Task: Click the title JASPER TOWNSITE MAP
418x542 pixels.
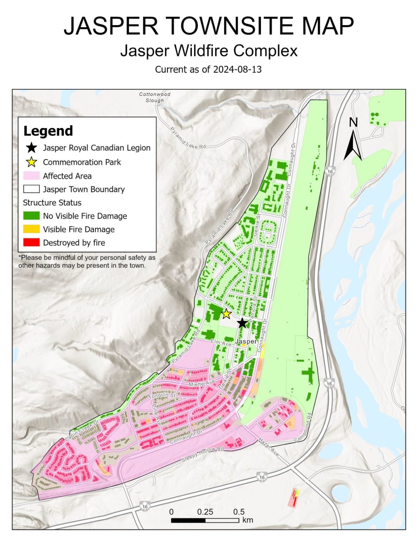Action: click(x=208, y=26)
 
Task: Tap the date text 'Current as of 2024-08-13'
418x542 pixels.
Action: click(x=208, y=69)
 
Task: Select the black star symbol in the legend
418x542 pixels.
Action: click(x=32, y=148)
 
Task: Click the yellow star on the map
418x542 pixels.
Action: click(x=226, y=313)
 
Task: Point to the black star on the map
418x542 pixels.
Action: click(x=242, y=323)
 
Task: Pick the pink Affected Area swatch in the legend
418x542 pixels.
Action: click(x=31, y=176)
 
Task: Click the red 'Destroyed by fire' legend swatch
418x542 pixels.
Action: click(x=31, y=242)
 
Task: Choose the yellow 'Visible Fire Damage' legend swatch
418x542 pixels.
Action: click(x=31, y=229)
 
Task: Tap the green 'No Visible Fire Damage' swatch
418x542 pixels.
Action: click(x=31, y=216)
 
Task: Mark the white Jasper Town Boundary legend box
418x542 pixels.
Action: click(x=31, y=189)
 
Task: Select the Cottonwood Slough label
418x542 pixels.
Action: click(x=155, y=97)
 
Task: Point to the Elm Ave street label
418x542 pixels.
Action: click(x=221, y=343)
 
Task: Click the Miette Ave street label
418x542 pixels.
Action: click(x=201, y=384)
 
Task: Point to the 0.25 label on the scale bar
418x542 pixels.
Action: click(x=205, y=512)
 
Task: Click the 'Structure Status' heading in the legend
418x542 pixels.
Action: click(x=52, y=203)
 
